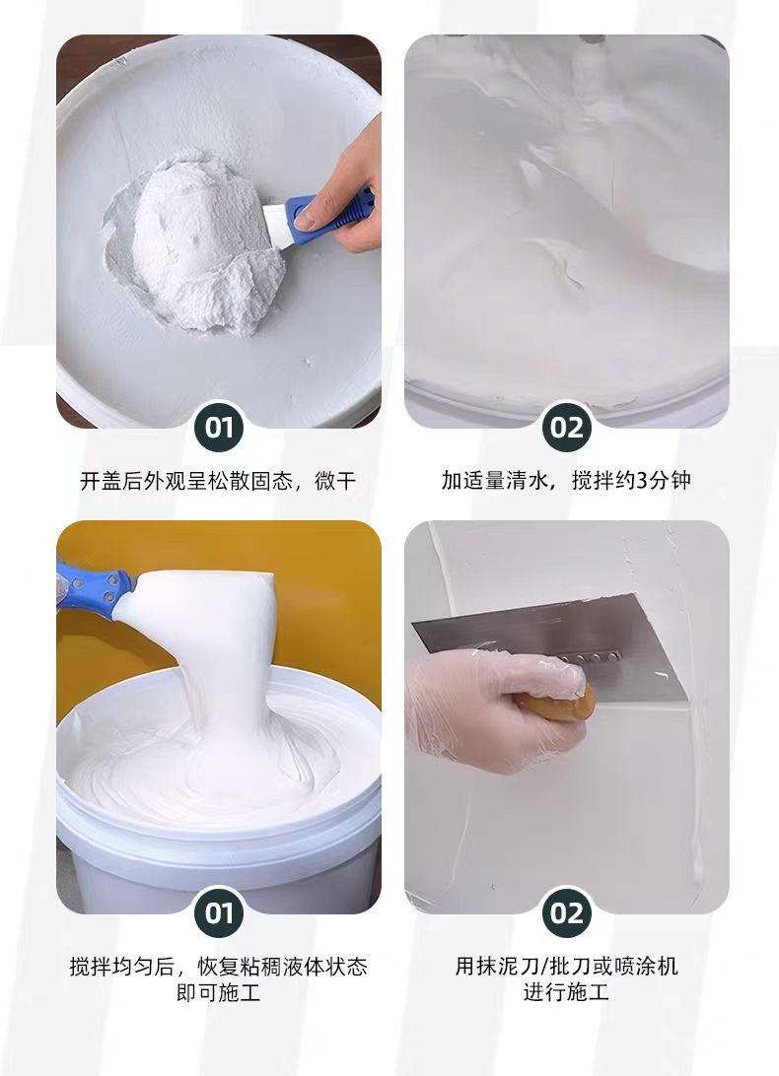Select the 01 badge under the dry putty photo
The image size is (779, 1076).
(x=219, y=428)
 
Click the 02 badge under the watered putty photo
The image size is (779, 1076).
(x=566, y=428)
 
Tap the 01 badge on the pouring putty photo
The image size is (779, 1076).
(x=219, y=912)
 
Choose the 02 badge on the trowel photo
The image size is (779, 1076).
(x=566, y=912)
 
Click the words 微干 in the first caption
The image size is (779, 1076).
(x=334, y=481)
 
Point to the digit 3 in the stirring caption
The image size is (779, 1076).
(x=642, y=481)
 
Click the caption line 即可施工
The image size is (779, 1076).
(x=219, y=992)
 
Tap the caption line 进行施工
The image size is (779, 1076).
(x=566, y=992)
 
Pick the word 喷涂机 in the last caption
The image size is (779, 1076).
(x=646, y=967)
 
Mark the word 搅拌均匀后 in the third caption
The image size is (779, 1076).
(x=121, y=967)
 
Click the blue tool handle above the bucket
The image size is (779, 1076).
(x=93, y=586)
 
